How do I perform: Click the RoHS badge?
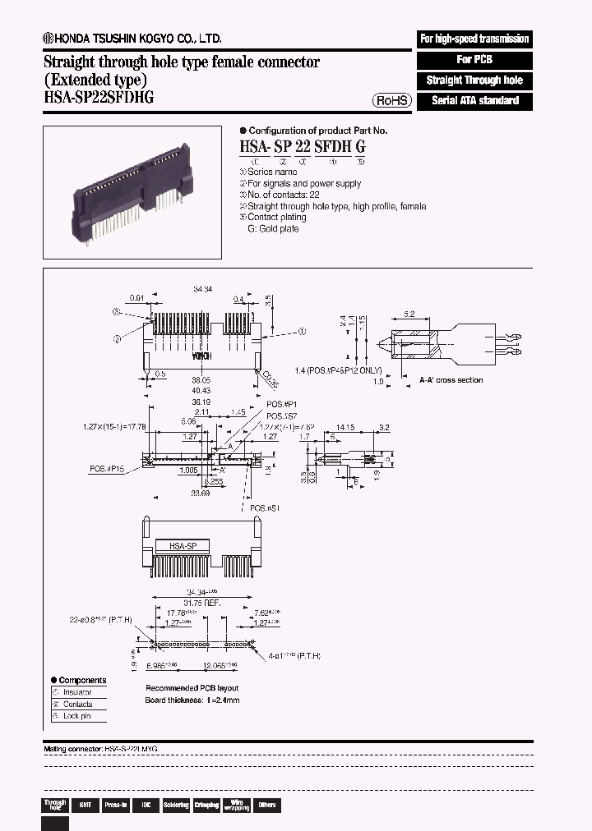392,100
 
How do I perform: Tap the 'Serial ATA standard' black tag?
474,101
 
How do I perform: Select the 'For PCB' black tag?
474,60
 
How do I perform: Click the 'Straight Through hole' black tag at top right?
474,80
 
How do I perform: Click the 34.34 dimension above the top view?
202,290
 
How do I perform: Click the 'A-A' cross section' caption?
451,380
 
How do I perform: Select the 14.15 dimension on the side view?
345,427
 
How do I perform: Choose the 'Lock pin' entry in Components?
77,716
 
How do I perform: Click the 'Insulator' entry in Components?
78,692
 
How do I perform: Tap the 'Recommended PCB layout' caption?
192,688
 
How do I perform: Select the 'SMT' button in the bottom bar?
85,805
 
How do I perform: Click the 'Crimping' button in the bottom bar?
206,805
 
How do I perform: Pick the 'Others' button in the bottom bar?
266,805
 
